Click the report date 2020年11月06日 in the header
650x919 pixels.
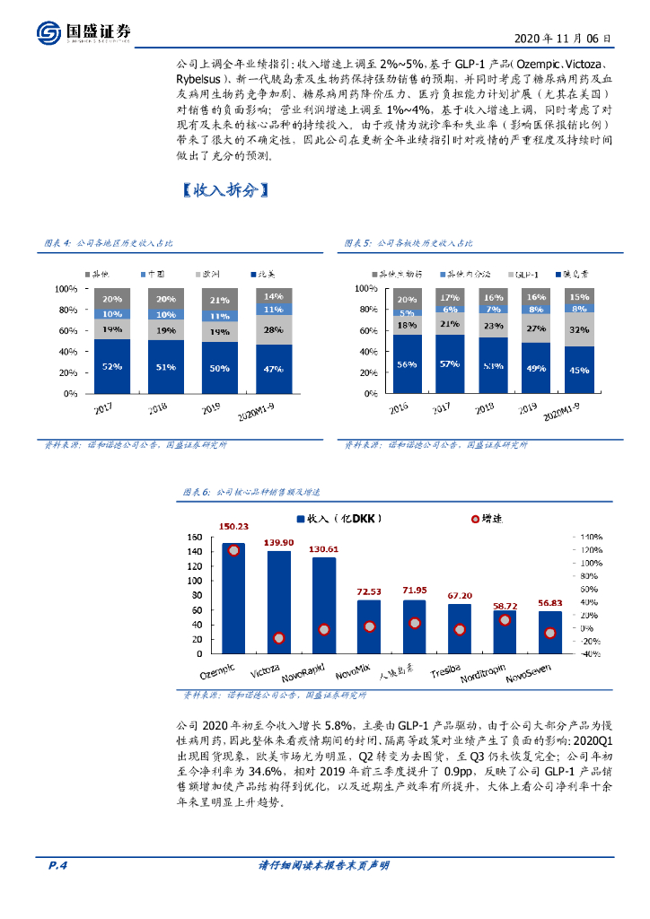563,39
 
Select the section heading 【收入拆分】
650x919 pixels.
221,191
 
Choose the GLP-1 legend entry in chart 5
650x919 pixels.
522,273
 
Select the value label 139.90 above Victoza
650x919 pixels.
278,543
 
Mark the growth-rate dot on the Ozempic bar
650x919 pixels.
233,550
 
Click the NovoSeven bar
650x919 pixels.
550,632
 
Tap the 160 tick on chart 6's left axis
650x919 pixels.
193,537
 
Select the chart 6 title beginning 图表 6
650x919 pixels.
252,493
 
